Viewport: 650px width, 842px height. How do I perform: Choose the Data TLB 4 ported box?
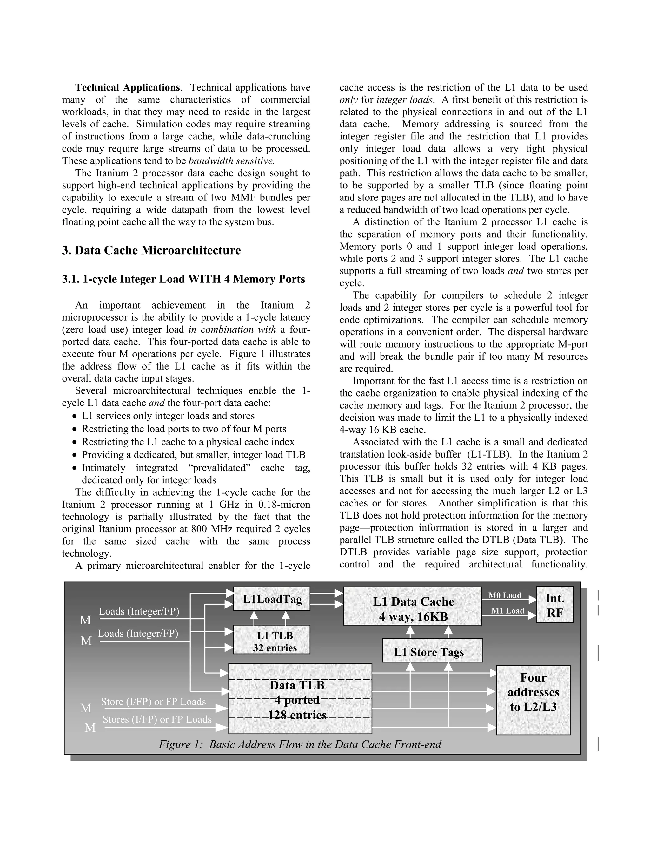[x=300, y=699]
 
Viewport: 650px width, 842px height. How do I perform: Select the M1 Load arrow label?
[x=507, y=611]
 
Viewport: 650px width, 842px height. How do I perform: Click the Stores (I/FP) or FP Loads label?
[x=157, y=719]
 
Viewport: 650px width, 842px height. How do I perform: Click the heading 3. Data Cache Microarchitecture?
[x=151, y=250]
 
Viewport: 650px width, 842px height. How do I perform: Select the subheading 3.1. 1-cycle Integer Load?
[x=183, y=279]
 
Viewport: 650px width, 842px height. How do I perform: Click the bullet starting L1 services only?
[x=168, y=416]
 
